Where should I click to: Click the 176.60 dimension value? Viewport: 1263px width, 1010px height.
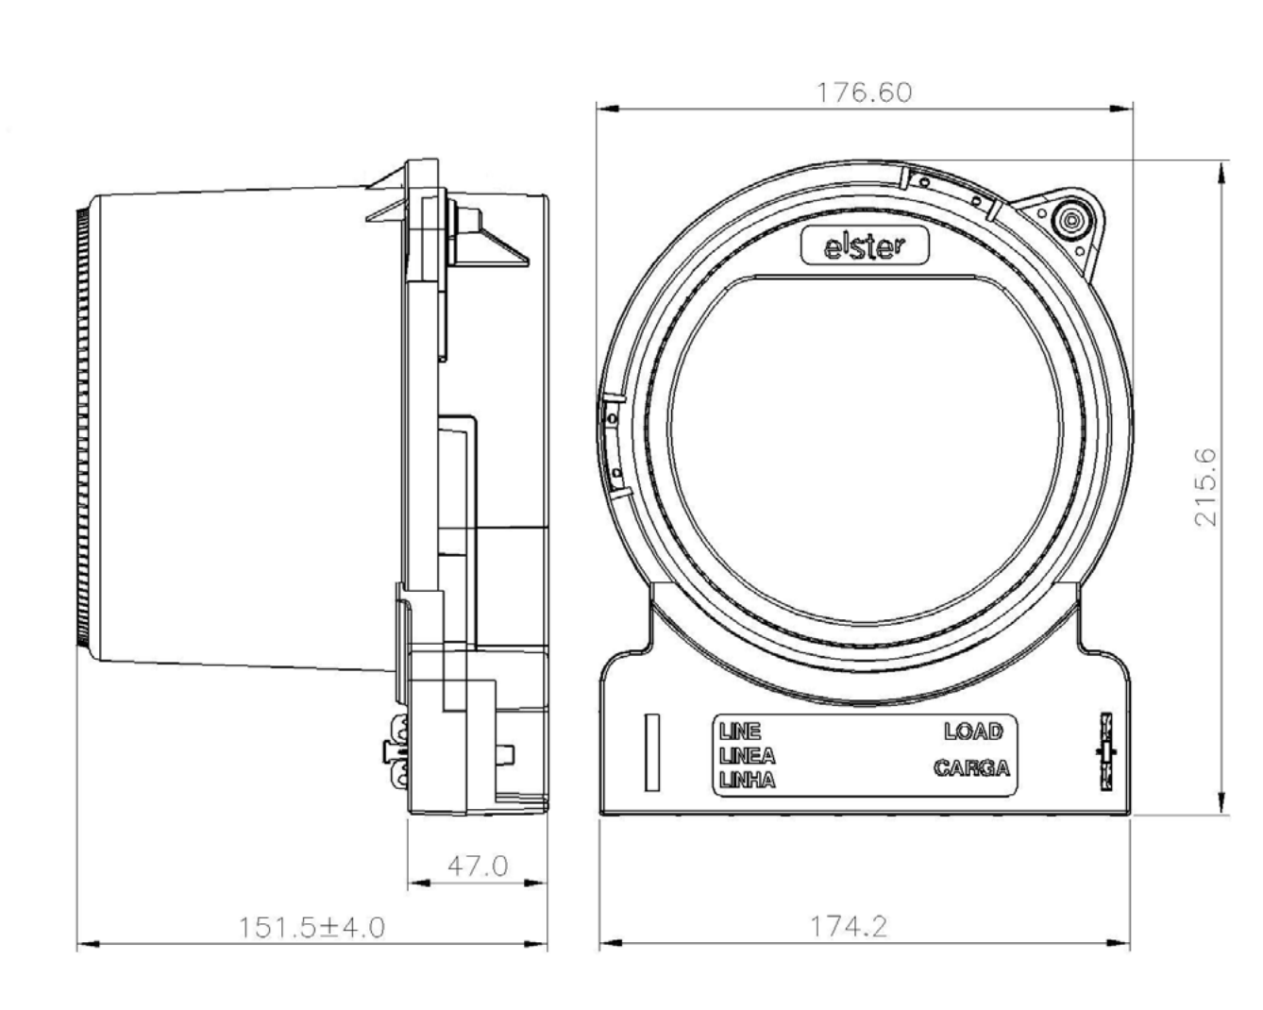[865, 93]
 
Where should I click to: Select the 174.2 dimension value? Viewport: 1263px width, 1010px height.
[849, 927]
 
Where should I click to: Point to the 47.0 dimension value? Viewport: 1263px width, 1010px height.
[478, 867]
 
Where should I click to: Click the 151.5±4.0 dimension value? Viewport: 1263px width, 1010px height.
[312, 928]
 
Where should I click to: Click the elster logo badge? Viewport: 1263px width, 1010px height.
[865, 246]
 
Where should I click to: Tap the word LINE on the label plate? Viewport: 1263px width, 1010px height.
[740, 732]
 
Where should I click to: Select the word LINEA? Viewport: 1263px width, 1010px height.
[747, 756]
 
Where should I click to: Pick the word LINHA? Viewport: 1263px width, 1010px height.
[747, 781]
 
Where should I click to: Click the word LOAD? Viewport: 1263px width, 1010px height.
[973, 732]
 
